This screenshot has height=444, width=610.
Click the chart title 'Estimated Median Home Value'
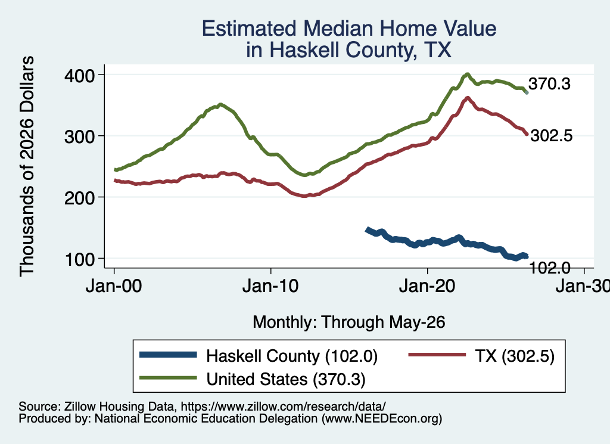pyautogui.click(x=349, y=29)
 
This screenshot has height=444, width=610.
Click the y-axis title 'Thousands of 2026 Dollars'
pyautogui.click(x=27, y=166)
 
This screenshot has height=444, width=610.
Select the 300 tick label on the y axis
pyautogui.click(x=80, y=136)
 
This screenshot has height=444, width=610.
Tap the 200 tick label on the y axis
pyautogui.click(x=80, y=198)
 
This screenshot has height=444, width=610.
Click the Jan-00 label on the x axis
pyautogui.click(x=114, y=286)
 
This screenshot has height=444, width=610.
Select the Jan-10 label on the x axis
pyautogui.click(x=270, y=286)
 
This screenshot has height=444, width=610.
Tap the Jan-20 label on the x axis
pyautogui.click(x=427, y=286)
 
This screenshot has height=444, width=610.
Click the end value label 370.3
pyautogui.click(x=549, y=83)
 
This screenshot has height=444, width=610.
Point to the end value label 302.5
pyautogui.click(x=551, y=135)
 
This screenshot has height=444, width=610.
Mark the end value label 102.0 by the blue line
pyautogui.click(x=550, y=268)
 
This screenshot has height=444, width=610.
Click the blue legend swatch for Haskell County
pyautogui.click(x=168, y=355)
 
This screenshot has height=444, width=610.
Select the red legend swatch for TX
pyautogui.click(x=437, y=355)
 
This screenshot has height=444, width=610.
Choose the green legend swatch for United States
pyautogui.click(x=168, y=378)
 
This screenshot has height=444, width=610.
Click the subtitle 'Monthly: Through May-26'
pyautogui.click(x=349, y=322)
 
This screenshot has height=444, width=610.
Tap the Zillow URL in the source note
pyautogui.click(x=283, y=406)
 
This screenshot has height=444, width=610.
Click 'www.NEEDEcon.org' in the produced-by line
pyautogui.click(x=382, y=418)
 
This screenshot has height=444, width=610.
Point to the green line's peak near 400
pyautogui.click(x=467, y=74)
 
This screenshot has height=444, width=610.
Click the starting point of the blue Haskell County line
pyautogui.click(x=367, y=229)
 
